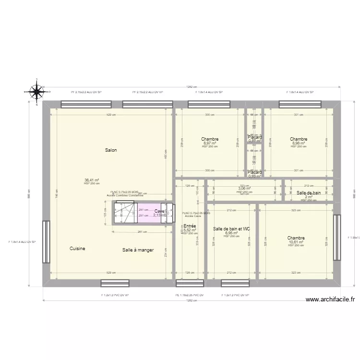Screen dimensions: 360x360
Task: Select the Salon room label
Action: [x=111, y=150]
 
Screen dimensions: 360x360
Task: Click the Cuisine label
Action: [x=77, y=249]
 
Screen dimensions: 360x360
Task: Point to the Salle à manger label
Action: [x=138, y=250]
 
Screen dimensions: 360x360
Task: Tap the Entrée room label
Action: [x=190, y=226]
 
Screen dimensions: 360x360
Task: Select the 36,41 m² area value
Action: [x=91, y=180]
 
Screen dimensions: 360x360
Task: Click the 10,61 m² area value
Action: [x=296, y=242]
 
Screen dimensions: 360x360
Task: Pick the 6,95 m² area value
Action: [x=232, y=233]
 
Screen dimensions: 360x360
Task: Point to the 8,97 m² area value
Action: [x=210, y=143]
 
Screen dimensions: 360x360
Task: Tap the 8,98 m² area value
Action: [x=298, y=143]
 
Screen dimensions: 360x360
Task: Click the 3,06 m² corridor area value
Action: [x=244, y=189]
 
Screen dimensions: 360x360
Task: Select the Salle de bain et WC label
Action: [x=231, y=229]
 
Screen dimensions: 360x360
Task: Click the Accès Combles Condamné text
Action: [x=125, y=195]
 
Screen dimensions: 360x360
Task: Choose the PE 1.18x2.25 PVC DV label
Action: [x=189, y=295]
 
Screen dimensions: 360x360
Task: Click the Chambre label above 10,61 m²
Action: [x=296, y=238]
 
